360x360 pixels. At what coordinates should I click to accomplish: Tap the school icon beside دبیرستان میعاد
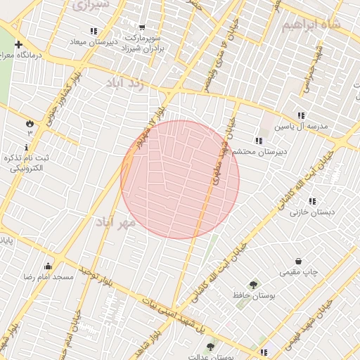coord(94,31)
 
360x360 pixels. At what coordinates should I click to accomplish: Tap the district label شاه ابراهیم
coord(311,25)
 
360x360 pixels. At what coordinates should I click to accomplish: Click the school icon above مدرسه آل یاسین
coord(301,115)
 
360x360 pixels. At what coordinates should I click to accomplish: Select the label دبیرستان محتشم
coord(259,152)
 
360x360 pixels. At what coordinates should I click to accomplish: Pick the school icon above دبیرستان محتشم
coord(259,141)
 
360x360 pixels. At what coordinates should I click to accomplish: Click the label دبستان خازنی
coord(316,212)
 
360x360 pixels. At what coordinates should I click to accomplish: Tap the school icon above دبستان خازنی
coord(312,201)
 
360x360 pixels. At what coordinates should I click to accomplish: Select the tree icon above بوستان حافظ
coord(253,285)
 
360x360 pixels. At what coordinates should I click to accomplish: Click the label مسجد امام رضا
coord(49,277)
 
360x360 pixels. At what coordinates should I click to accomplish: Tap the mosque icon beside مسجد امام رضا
coord(49,266)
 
